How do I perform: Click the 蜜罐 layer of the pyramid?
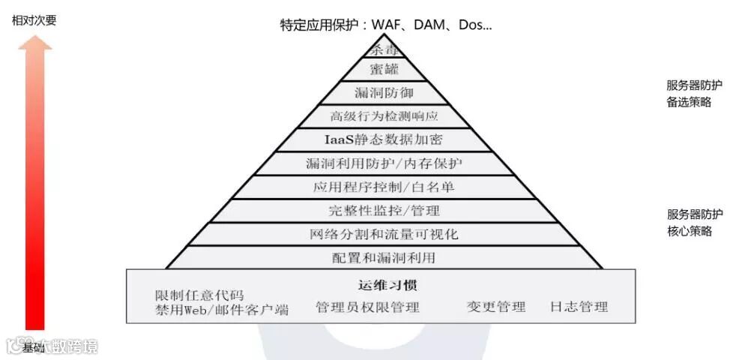[384, 70]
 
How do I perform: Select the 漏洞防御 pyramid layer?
[384, 93]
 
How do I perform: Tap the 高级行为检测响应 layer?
[384, 116]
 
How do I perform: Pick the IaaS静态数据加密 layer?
[384, 139]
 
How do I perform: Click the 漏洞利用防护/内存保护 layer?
[384, 163]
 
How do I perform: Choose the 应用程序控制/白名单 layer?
[384, 187]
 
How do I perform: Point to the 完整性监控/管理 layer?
[384, 211]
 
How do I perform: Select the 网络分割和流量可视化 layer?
[384, 234]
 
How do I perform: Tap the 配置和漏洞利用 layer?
[384, 257]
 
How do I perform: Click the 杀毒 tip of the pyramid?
[384, 50]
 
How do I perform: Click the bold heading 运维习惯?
[384, 285]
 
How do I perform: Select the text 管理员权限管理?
[367, 307]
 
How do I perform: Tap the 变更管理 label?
[496, 307]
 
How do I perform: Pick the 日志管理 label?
[579, 307]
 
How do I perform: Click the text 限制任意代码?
[199, 295]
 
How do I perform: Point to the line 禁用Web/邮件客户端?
[222, 310]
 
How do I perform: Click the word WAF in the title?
[389, 25]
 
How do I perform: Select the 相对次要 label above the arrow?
[34, 20]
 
